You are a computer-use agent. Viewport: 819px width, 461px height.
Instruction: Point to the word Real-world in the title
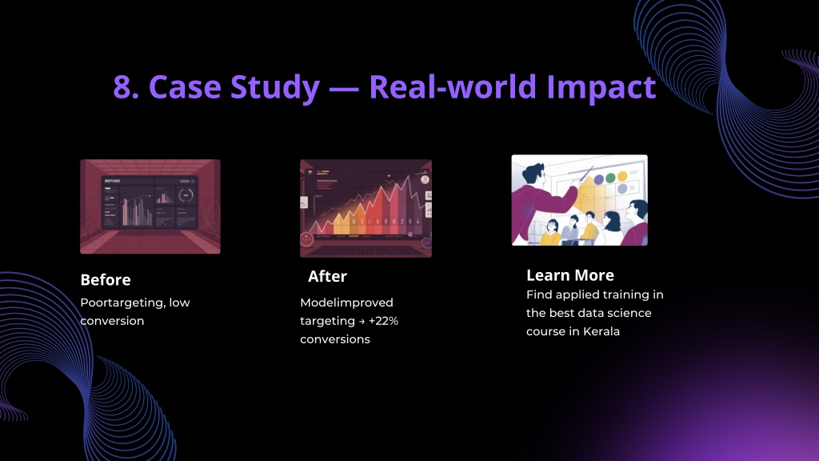point(453,86)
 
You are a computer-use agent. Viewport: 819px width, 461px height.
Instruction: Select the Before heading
point(106,279)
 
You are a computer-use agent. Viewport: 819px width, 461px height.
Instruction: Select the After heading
point(327,276)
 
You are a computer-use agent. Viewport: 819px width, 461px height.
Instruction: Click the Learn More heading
point(569,275)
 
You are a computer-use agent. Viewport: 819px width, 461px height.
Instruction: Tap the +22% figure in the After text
point(383,321)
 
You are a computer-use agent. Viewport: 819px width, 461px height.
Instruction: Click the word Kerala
point(601,331)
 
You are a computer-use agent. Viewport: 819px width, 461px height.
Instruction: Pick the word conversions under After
point(335,339)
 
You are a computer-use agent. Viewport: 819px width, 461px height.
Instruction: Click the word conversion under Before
point(112,321)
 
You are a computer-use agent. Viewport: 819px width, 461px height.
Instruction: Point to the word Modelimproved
point(347,303)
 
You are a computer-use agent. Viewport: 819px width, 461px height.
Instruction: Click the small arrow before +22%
point(362,322)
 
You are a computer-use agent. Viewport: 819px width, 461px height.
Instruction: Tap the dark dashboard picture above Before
point(150,207)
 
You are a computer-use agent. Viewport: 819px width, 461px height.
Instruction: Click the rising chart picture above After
point(366,209)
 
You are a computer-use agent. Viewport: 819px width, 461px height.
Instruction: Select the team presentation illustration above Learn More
point(579,200)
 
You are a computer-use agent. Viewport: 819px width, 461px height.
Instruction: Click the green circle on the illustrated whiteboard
point(610,178)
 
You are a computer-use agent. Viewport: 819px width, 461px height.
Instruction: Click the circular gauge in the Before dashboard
point(186,195)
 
